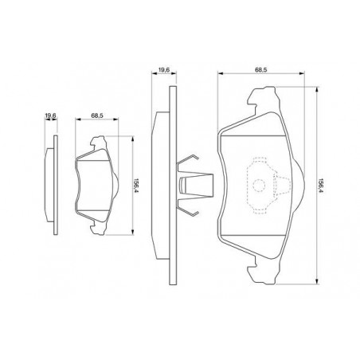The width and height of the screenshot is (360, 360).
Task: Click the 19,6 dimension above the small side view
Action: [x=50, y=115]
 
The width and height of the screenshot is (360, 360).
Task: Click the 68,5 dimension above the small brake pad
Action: [x=97, y=115]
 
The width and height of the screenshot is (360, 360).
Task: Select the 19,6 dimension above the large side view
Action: [x=164, y=70]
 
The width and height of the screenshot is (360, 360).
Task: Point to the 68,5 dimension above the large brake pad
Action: [x=260, y=70]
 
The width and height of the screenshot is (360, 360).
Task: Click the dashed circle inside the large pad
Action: [x=259, y=185]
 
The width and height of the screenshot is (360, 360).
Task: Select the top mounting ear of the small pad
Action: [x=99, y=143]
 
